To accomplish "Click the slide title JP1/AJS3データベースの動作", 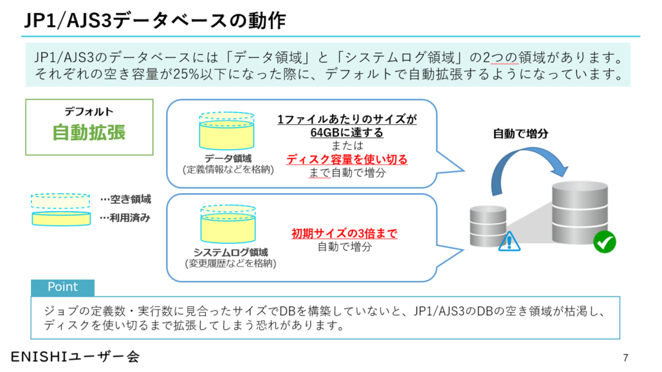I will (154, 21).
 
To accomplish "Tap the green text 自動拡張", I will (89, 132).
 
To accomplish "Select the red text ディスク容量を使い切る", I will (347, 159).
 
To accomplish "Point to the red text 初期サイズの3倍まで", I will (344, 233).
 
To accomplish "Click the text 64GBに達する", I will (347, 133).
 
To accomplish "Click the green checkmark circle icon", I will (605, 242).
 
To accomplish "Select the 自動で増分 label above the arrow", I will (520, 135).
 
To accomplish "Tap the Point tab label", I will (62, 287).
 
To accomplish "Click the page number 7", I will (625, 357).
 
